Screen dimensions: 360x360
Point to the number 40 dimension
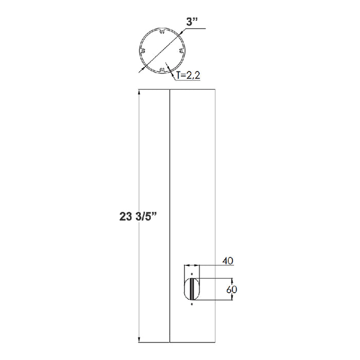coord(228,261)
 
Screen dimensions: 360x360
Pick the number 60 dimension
coord(232,290)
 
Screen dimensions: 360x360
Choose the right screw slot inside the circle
coord(181,50)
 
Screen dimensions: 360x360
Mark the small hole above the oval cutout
coord(191,273)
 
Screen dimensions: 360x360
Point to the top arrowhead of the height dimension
coord(139,93)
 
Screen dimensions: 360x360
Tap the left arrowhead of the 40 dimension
coord(186,266)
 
